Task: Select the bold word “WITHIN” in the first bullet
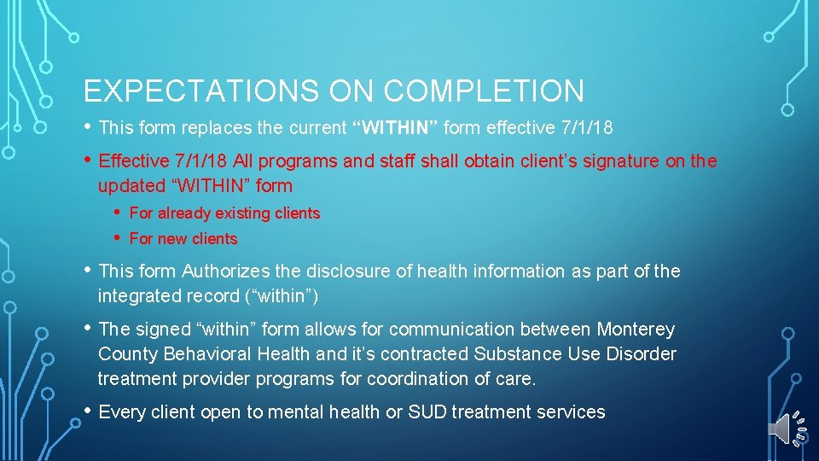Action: (395, 128)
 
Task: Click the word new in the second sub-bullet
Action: (168, 239)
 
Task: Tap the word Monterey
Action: (636, 330)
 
